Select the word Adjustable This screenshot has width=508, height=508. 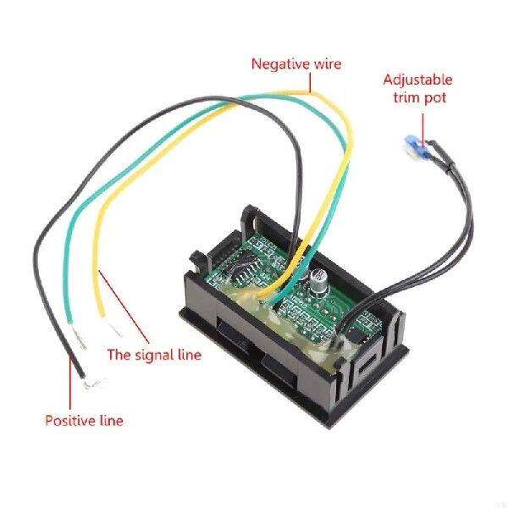(x=418, y=80)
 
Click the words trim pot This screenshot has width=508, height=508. (x=418, y=97)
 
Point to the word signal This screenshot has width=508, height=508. (x=157, y=354)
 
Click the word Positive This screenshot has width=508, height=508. (x=71, y=420)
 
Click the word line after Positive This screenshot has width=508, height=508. (x=111, y=420)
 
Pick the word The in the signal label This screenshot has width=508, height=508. (x=118, y=354)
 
